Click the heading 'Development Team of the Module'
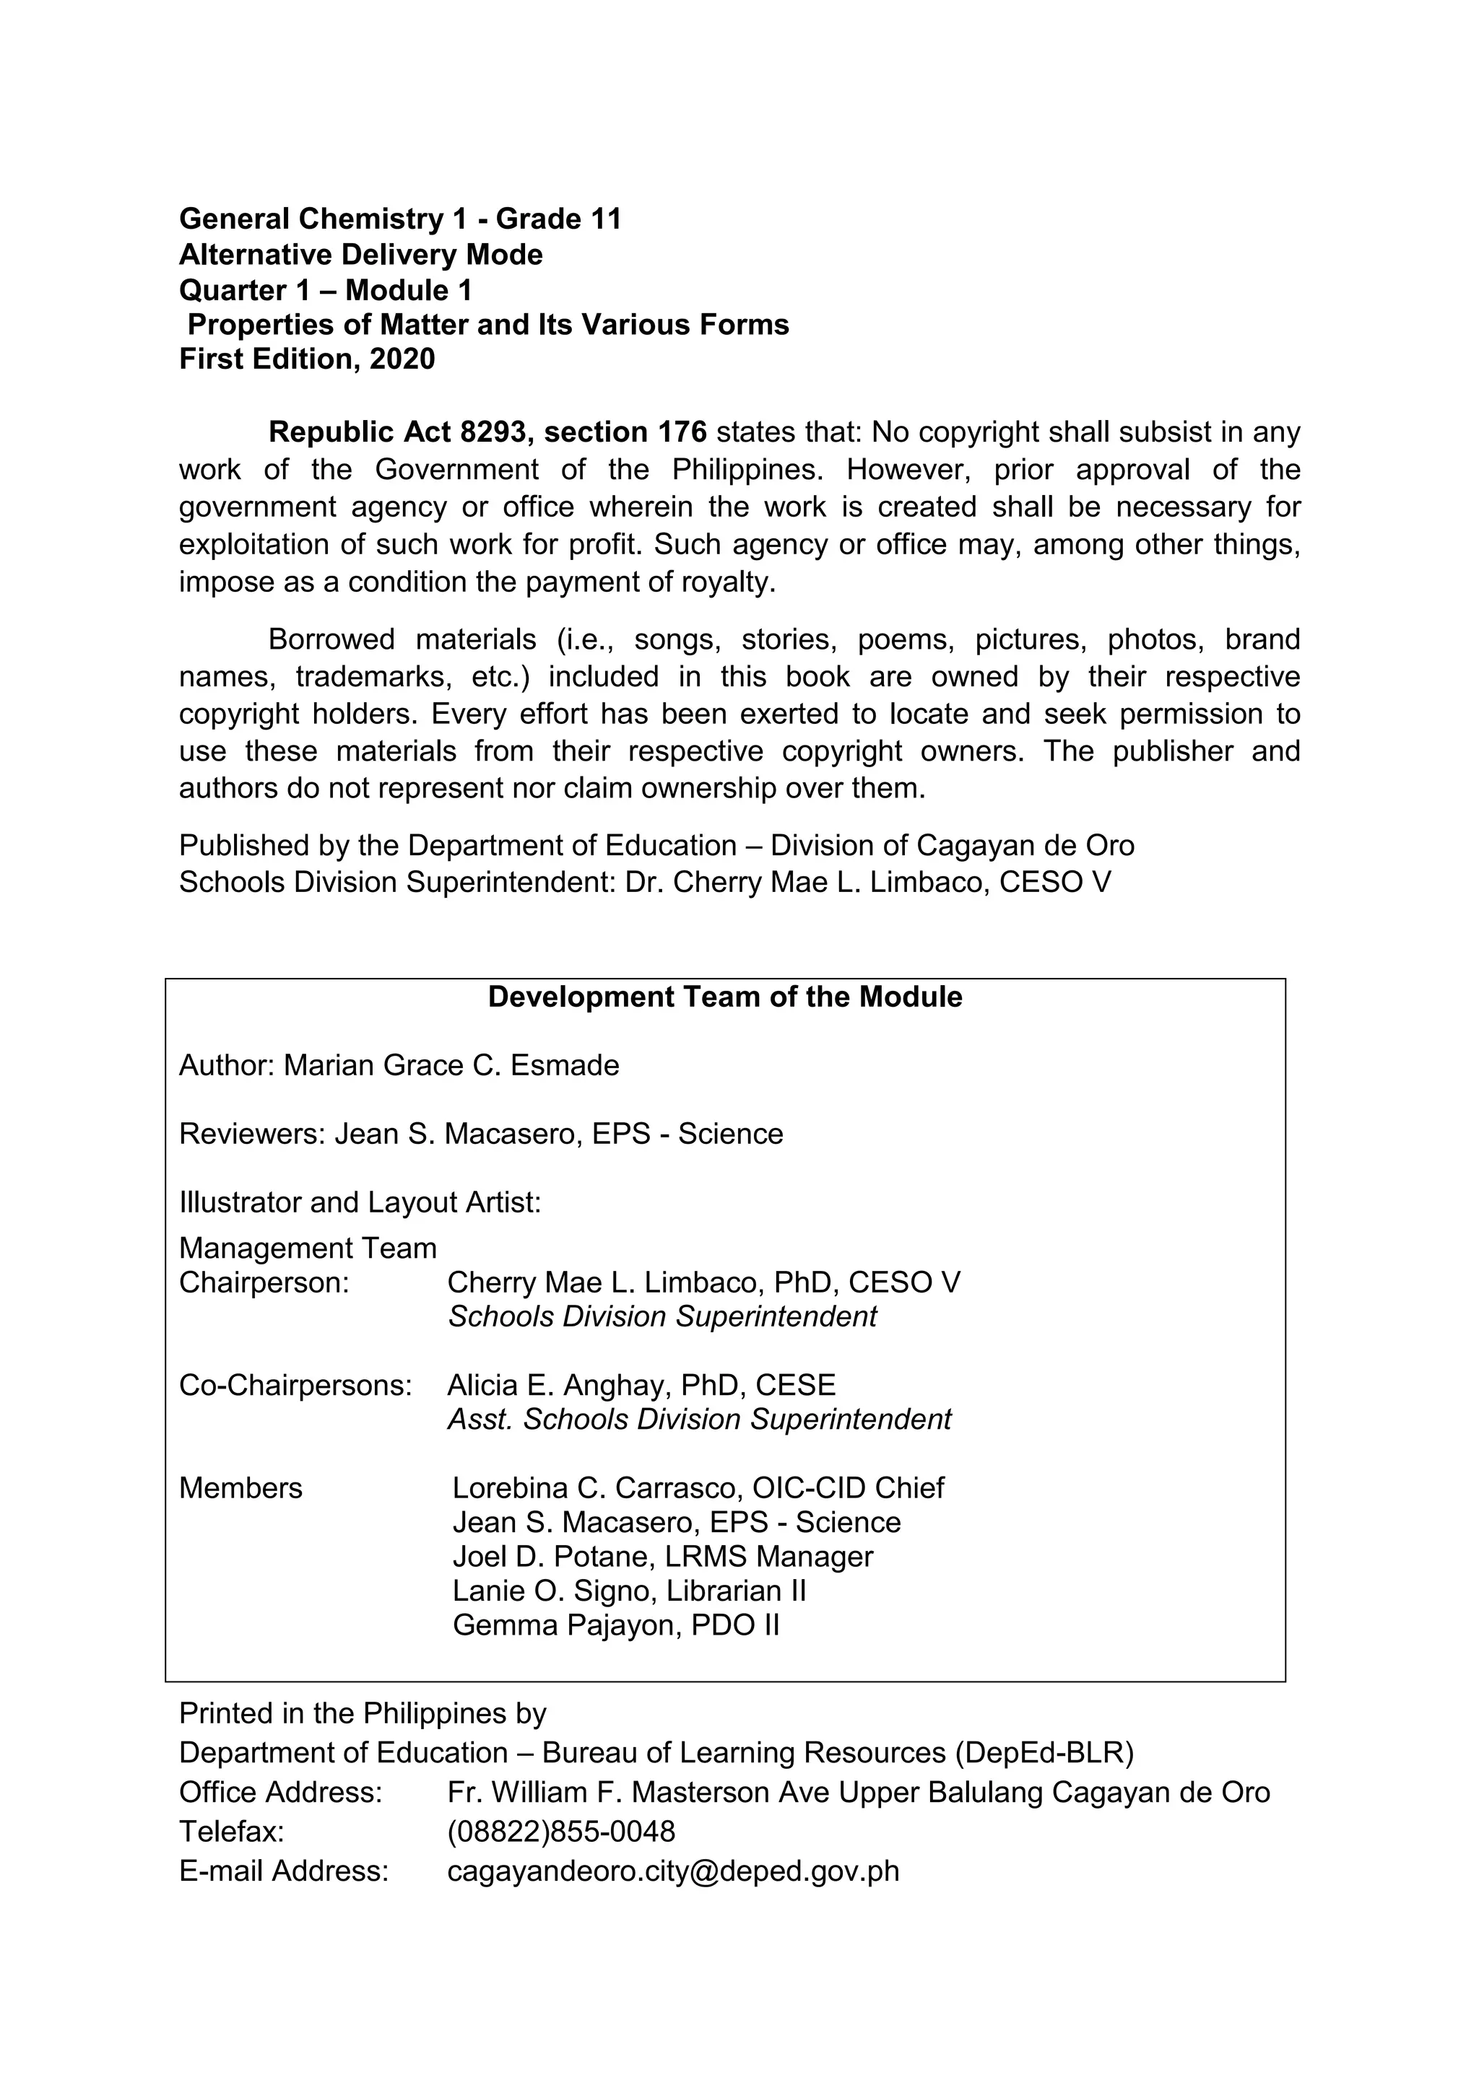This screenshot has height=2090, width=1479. pos(725,997)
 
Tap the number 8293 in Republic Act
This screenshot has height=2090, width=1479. pos(493,432)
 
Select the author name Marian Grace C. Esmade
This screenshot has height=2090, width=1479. pos(451,1065)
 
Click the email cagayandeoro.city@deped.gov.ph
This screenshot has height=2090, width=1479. pos(673,1871)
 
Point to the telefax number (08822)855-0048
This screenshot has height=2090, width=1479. pos(561,1831)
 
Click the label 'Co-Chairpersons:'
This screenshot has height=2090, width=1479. pos(295,1386)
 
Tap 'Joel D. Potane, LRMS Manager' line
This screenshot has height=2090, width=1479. pos(662,1557)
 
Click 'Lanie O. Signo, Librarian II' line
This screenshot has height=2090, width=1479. pos(629,1591)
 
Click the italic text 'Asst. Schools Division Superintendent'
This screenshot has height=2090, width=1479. pos(698,1420)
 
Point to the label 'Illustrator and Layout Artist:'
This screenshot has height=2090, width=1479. pos(360,1202)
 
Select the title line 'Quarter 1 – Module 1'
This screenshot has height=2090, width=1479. pos(325,290)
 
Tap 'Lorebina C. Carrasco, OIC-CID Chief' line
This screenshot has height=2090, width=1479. pos(698,1488)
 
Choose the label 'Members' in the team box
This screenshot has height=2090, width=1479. pos(240,1488)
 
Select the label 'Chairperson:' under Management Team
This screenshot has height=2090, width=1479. pos(264,1282)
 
